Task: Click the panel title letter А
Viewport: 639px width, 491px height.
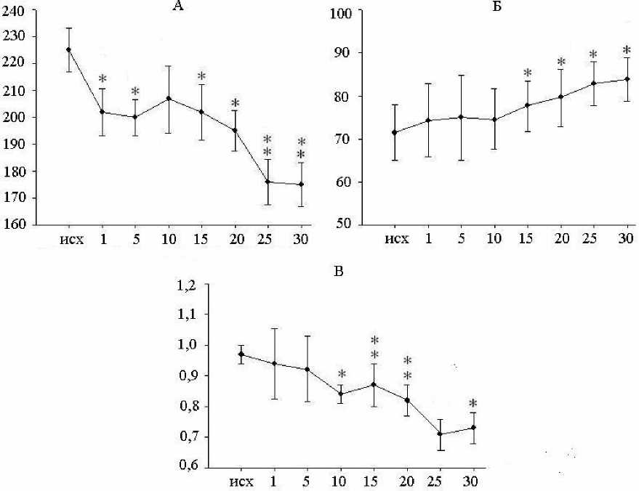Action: coord(177,7)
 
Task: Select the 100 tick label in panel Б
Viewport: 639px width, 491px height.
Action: coord(341,13)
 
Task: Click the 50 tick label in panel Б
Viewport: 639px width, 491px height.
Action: coord(345,224)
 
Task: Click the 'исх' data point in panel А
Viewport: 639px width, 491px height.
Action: coord(69,49)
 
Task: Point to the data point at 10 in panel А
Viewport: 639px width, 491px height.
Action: coord(169,98)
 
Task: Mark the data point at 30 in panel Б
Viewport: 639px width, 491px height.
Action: coord(626,79)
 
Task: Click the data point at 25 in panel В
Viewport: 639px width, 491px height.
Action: coord(440,434)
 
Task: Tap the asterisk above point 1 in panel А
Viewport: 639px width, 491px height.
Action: coord(103,78)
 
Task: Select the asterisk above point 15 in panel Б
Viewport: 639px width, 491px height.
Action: coord(527,73)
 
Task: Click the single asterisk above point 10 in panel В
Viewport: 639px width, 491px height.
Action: coord(342,375)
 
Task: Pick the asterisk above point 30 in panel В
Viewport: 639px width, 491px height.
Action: coord(473,404)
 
